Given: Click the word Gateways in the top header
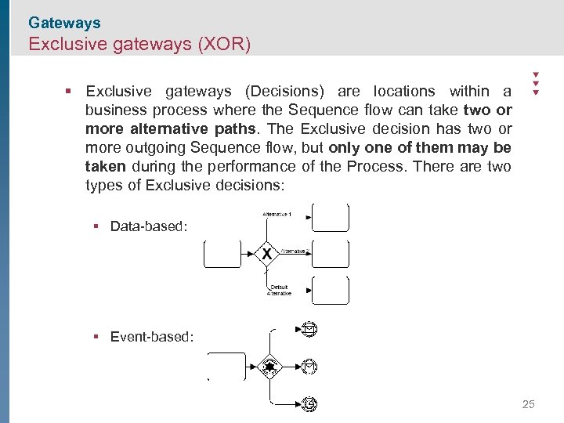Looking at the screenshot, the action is click(64, 23).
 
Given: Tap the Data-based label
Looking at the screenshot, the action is click(149, 226).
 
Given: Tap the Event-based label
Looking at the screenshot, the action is click(152, 337).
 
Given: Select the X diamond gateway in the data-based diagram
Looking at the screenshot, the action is click(267, 254).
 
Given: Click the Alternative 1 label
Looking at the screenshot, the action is click(277, 214).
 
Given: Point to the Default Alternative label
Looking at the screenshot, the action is click(279, 290).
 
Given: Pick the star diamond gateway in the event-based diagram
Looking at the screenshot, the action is click(270, 366).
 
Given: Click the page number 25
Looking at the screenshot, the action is click(528, 404).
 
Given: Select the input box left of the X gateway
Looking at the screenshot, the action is click(222, 254).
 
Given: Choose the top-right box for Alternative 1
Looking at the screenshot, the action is click(330, 218).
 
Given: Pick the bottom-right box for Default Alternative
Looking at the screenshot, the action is click(330, 290).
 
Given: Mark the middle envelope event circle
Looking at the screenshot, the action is click(309, 366).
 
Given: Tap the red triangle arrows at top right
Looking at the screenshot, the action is click(536, 82).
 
